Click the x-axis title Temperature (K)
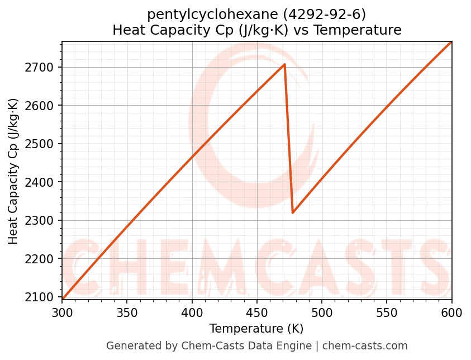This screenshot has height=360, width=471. point(256,329)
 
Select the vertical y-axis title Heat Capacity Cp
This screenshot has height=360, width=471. point(13,170)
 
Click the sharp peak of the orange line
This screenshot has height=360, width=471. point(284,64)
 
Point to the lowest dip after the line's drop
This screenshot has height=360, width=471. point(293,212)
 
